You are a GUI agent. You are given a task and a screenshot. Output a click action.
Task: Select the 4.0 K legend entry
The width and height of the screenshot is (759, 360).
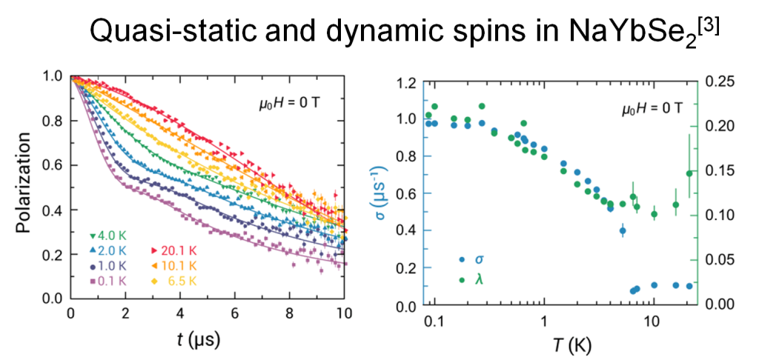coord(108,236)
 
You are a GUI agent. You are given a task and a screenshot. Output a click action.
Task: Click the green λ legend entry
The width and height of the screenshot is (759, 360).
coord(471,279)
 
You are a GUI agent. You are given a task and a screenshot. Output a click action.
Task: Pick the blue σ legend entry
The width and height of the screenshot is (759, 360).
coord(471,259)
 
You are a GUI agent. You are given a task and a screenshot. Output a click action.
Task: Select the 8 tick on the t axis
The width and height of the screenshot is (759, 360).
coord(289,313)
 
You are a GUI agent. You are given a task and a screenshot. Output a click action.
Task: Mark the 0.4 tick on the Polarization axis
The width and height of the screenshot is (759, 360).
coord(56,210)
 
